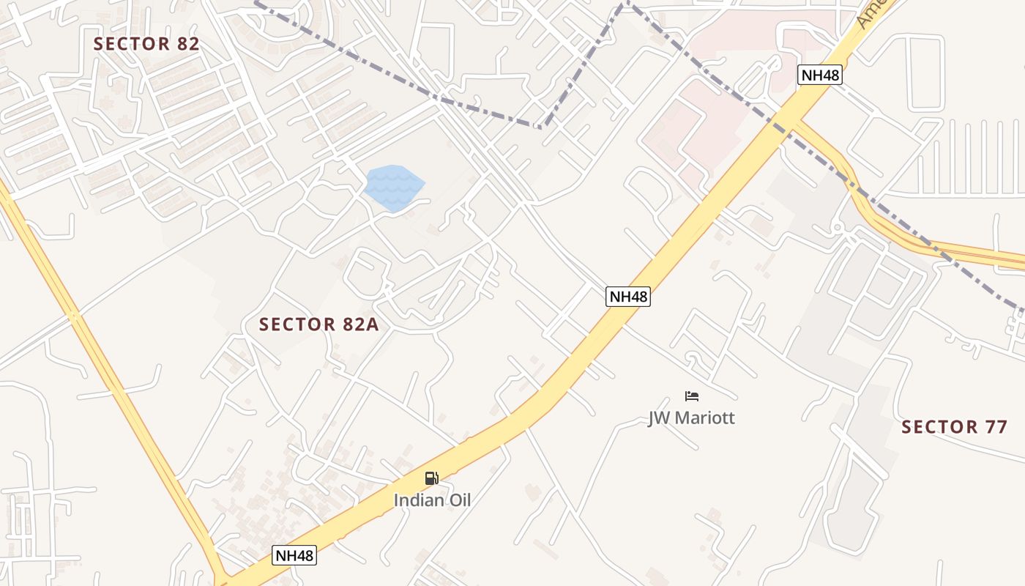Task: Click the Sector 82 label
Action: pyautogui.click(x=146, y=44)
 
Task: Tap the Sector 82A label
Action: pyautogui.click(x=319, y=324)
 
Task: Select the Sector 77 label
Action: pyautogui.click(x=954, y=427)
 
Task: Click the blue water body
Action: pyautogui.click(x=394, y=188)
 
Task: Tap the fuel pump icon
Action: pyautogui.click(x=432, y=478)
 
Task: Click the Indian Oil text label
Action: pyautogui.click(x=432, y=501)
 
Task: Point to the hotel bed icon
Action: pyautogui.click(x=692, y=396)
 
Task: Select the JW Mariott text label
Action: pyautogui.click(x=691, y=418)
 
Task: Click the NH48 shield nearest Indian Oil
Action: pyautogui.click(x=295, y=555)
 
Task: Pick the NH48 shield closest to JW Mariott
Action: pyautogui.click(x=628, y=297)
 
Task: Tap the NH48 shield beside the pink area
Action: pyautogui.click(x=819, y=75)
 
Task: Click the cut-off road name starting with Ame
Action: pyautogui.click(x=873, y=13)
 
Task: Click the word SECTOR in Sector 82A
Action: pyautogui.click(x=296, y=324)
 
